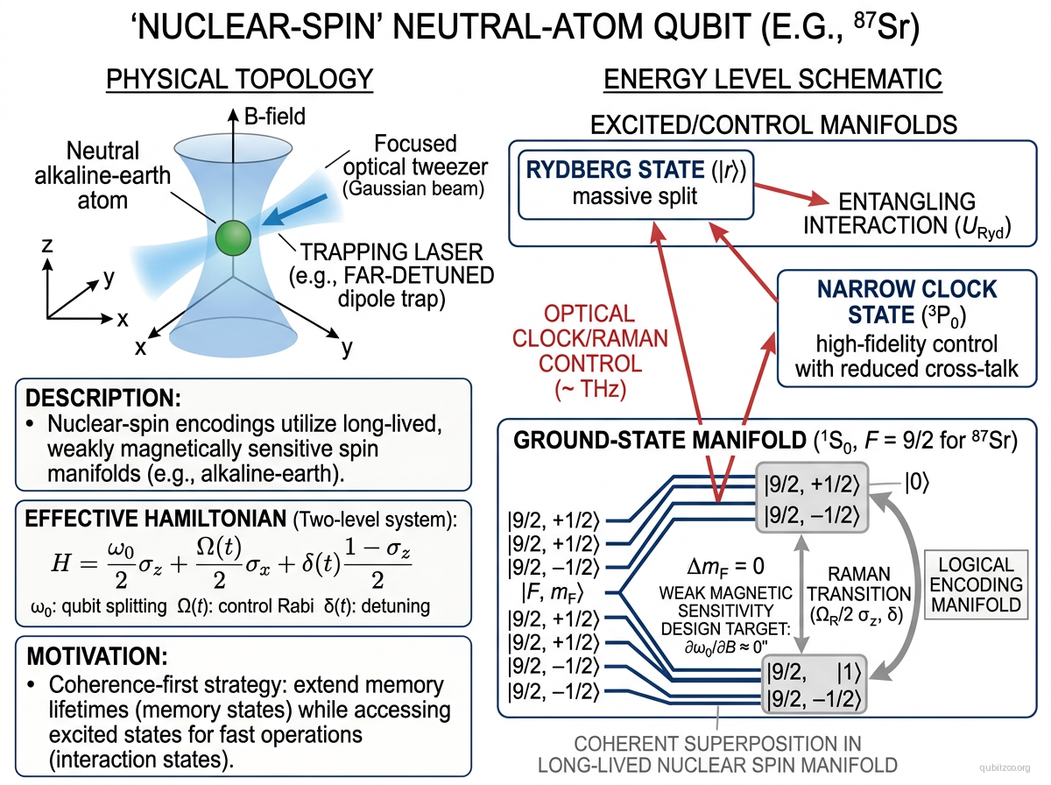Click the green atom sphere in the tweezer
[234, 238]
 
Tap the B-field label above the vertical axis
[274, 117]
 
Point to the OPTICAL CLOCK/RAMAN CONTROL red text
[589, 352]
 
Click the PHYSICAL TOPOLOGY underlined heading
[239, 80]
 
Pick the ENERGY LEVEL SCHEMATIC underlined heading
[772, 80]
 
